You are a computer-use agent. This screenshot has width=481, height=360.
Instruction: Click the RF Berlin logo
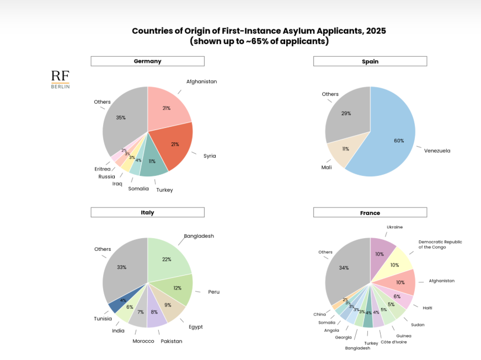click(x=60, y=79)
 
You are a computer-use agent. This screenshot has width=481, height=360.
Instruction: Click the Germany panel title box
click(x=147, y=61)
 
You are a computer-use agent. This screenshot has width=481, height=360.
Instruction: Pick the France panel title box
click(x=370, y=213)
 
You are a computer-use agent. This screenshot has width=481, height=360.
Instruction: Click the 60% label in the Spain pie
click(x=398, y=140)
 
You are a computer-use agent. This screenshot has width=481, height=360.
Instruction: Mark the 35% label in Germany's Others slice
click(x=121, y=117)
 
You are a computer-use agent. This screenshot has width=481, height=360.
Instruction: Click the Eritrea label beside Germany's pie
click(x=102, y=169)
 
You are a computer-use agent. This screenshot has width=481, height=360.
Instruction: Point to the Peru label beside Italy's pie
click(x=213, y=292)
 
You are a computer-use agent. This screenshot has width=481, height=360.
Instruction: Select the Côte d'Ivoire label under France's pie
click(x=393, y=342)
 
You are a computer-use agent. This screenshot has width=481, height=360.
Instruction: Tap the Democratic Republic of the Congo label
click(x=440, y=244)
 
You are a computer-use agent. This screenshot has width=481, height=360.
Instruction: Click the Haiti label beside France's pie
click(x=427, y=308)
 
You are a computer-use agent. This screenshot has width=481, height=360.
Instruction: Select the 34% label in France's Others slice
click(x=344, y=268)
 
